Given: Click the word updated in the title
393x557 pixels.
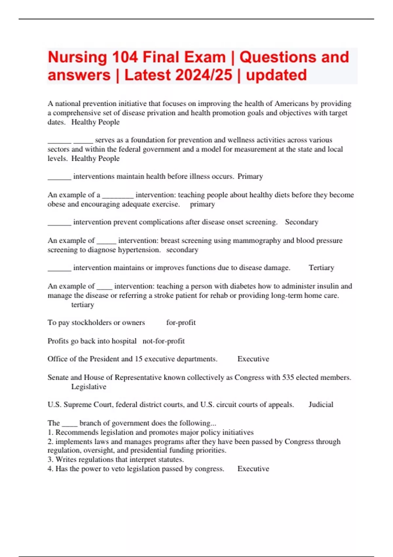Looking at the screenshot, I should point(276,75).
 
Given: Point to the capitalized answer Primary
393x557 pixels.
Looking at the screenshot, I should point(250,177).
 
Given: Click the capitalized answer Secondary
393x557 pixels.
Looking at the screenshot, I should point(301,222).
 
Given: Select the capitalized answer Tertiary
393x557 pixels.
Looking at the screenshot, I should point(321,268).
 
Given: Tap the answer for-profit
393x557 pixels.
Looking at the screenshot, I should point(181,323).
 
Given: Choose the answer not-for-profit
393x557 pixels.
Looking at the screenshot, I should point(163,341).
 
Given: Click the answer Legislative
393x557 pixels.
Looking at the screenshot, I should point(89,387).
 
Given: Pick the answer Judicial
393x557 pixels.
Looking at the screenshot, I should point(321,405).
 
